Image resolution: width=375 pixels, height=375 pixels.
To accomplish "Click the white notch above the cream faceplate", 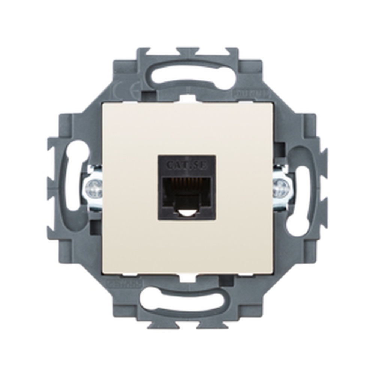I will pos(187,99).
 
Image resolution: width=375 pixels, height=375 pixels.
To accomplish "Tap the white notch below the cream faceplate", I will pos(187,278).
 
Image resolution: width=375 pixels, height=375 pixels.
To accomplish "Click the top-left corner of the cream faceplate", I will pos(105,105).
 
